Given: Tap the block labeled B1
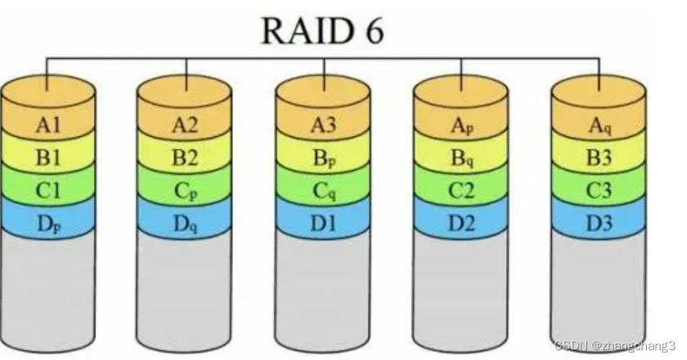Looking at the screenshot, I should (48, 157).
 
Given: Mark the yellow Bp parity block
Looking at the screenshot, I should (322, 157).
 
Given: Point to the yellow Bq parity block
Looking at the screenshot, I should (461, 157).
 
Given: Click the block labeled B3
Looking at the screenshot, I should (598, 157).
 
